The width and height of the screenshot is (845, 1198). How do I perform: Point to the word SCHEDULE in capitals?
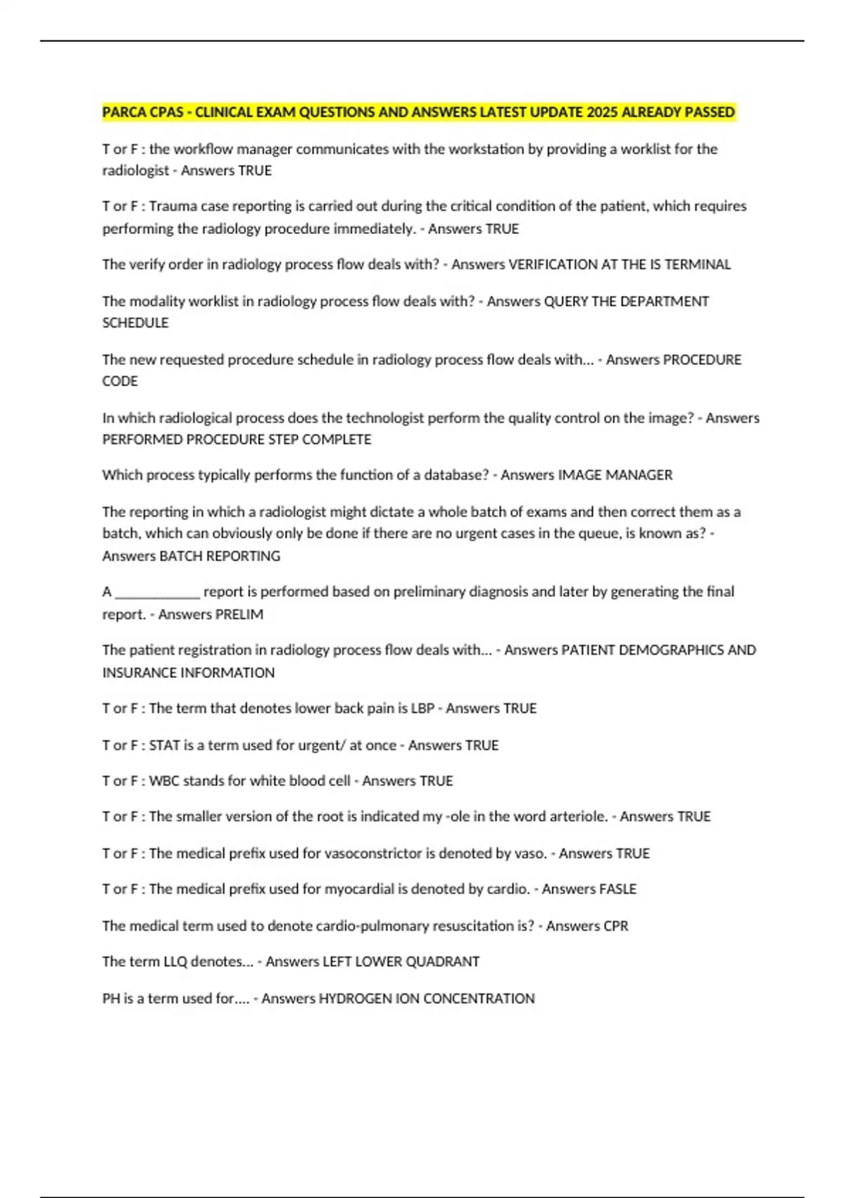point(135,323)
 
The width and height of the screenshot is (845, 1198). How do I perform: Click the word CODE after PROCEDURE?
point(120,381)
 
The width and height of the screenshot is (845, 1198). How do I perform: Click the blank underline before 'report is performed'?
point(158,592)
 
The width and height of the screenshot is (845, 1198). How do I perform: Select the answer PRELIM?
point(240,615)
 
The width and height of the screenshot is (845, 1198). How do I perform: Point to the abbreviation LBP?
point(423,708)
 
